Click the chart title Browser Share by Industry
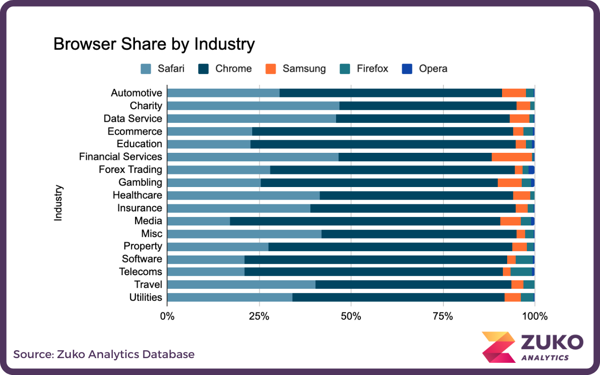tap(154, 44)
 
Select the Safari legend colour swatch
tap(146, 69)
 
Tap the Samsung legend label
tap(304, 69)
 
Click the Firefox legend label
tap(372, 69)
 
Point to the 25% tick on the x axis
tap(259, 316)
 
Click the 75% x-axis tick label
tap(442, 316)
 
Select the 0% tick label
tap(167, 316)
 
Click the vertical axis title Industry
tap(58, 203)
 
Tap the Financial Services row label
tap(120, 157)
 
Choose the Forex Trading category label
tap(130, 170)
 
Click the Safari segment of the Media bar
tap(198, 221)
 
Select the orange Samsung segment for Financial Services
tap(511, 157)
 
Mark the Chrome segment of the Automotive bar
tap(390, 93)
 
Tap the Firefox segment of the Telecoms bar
tap(521, 272)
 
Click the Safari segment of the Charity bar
tap(253, 106)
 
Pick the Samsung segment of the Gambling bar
tap(510, 182)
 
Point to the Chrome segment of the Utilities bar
tap(398, 297)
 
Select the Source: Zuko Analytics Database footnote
tap(104, 354)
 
